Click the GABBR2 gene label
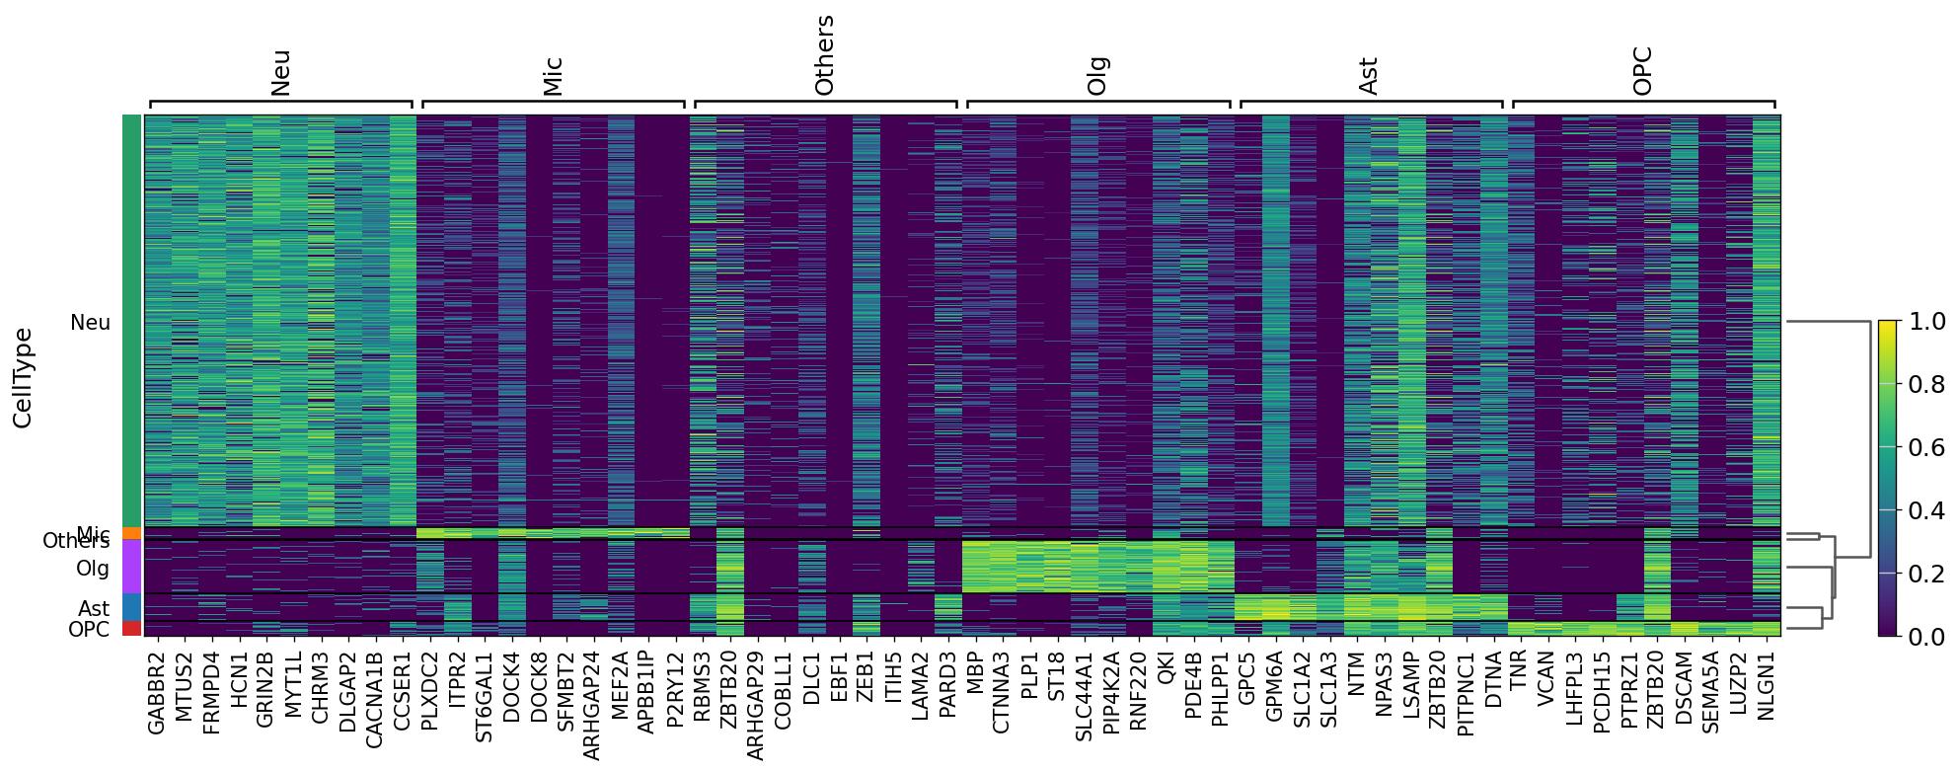coord(157,693)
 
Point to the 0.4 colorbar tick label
coord(1926,510)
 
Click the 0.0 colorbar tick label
coord(1926,637)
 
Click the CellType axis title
coord(23,378)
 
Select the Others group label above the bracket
coord(824,55)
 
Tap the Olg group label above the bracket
coord(1096,76)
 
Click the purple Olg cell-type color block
coord(132,567)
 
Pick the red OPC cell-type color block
coord(132,629)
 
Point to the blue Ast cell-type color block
coord(132,607)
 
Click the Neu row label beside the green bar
coord(91,323)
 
